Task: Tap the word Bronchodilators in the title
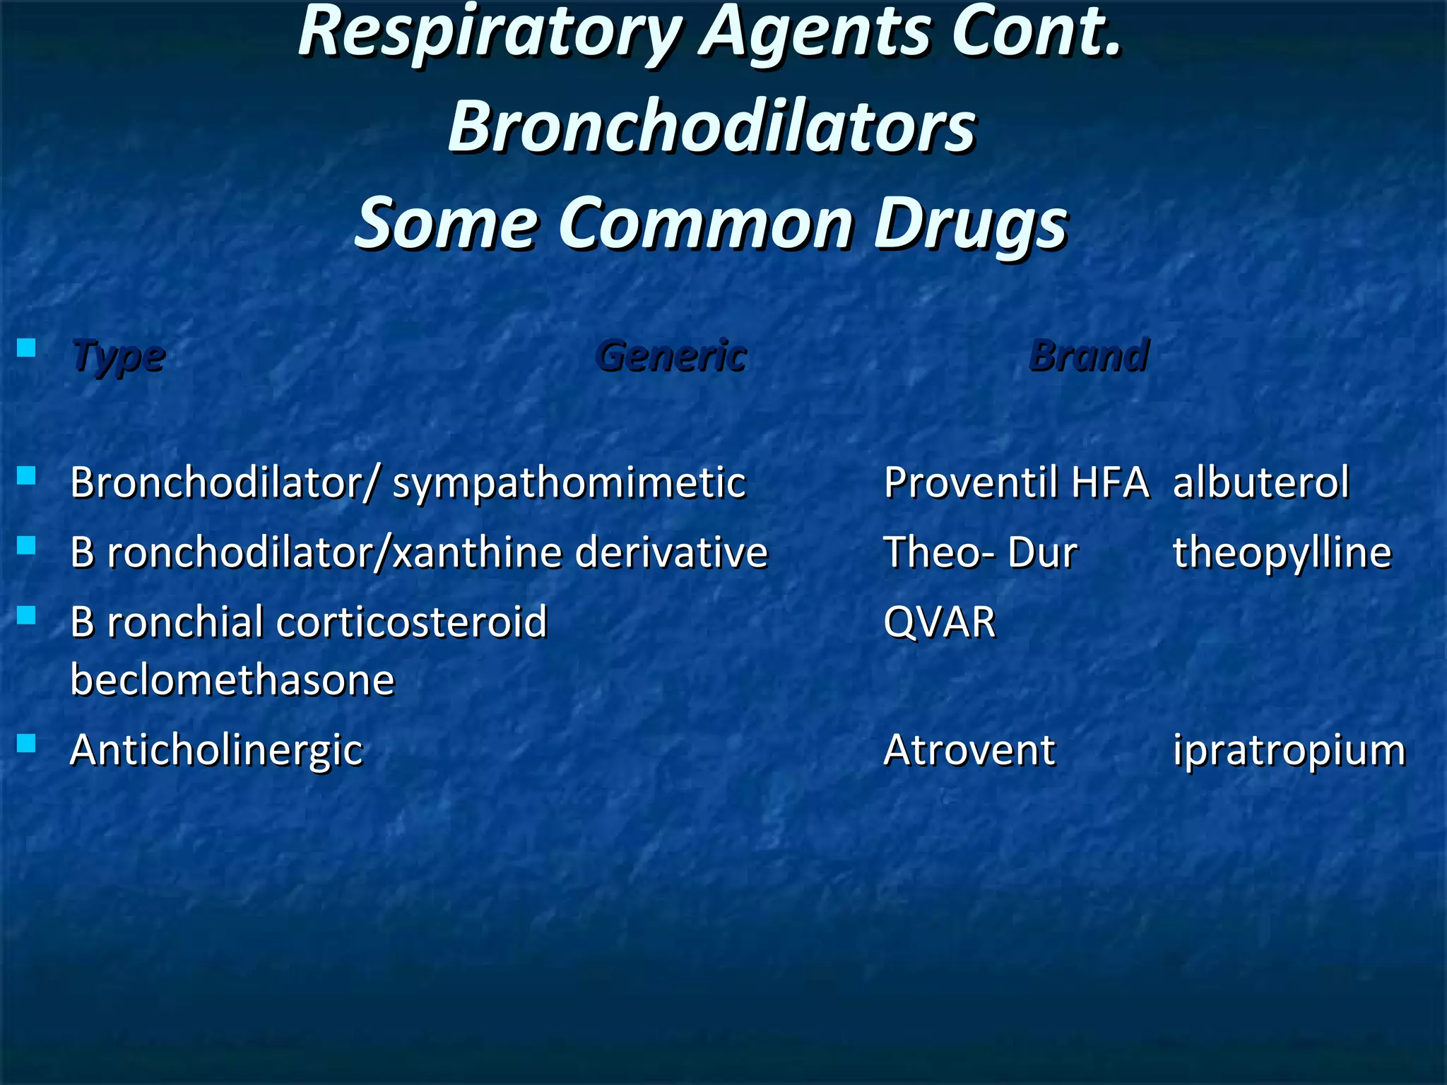(x=712, y=127)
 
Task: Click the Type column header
(x=119, y=355)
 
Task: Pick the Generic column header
(x=672, y=355)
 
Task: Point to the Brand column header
(x=1089, y=355)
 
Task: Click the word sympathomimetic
(x=569, y=483)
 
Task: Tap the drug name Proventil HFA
(x=1016, y=483)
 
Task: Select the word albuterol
(x=1261, y=483)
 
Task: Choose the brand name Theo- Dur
(x=981, y=552)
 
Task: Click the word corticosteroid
(x=411, y=622)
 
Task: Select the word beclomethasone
(x=232, y=680)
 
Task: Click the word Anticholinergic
(x=216, y=750)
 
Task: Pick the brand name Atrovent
(x=969, y=750)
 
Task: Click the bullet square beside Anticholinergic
(x=27, y=743)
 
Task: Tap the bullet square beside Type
(x=27, y=348)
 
